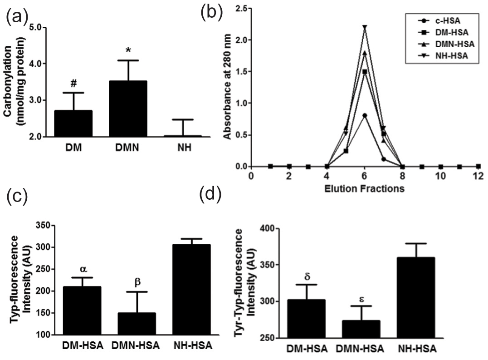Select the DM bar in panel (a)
67,123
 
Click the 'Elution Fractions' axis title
365,188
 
